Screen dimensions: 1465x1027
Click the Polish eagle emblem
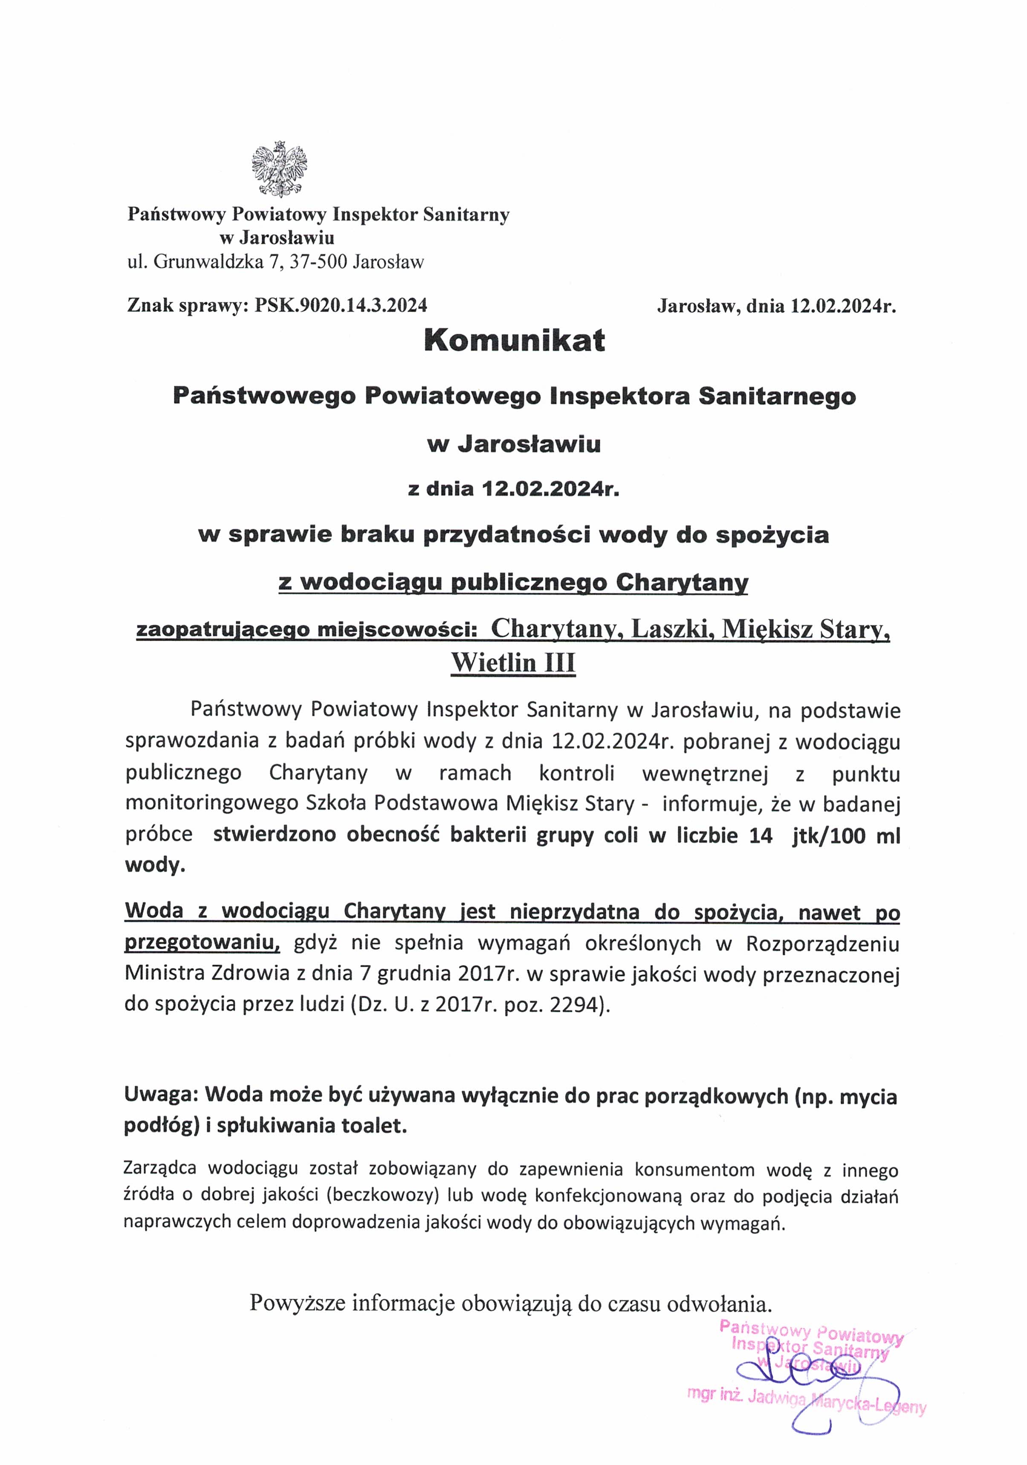pos(280,169)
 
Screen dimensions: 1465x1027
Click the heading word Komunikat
pos(514,341)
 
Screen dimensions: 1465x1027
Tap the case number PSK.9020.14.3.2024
pos(341,305)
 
